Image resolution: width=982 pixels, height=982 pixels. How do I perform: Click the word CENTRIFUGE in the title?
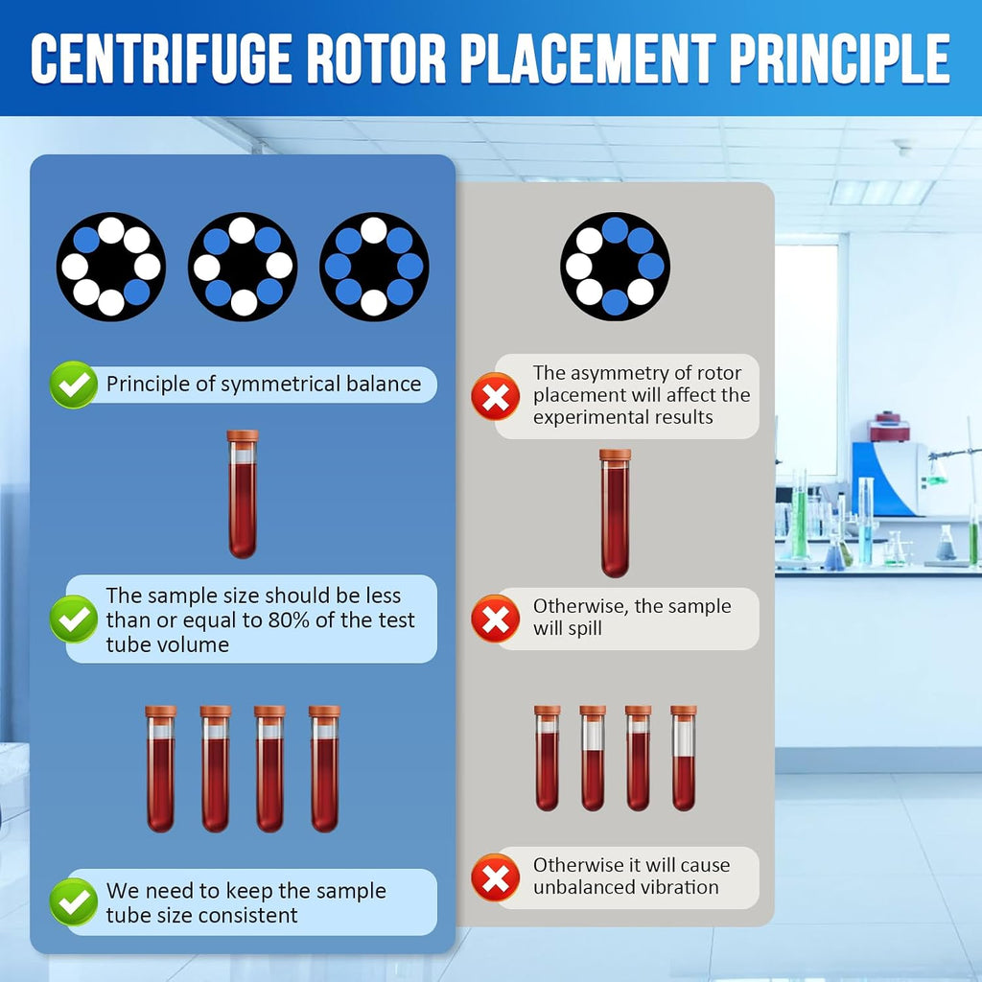161,58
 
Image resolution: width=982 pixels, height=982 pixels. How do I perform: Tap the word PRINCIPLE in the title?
840,58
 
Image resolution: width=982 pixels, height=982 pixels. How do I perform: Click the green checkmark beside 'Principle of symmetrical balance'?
74,385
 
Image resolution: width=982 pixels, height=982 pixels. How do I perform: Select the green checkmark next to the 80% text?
74,619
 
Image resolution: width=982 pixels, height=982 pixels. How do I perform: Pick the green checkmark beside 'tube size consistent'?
74,901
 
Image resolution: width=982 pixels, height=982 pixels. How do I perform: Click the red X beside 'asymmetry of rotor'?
496,396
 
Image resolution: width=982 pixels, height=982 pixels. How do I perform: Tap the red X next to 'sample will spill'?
496,619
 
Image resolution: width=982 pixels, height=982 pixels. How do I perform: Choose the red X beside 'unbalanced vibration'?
496,877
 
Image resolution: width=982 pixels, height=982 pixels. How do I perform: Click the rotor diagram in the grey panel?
615,267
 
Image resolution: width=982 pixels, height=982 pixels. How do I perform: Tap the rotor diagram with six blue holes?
374,267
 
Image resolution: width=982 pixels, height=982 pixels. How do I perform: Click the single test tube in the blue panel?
243,494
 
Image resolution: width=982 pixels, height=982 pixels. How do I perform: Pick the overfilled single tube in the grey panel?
615,513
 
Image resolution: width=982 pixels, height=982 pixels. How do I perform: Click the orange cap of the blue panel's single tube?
243,436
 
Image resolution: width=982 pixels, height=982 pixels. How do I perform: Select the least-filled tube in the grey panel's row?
683,758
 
